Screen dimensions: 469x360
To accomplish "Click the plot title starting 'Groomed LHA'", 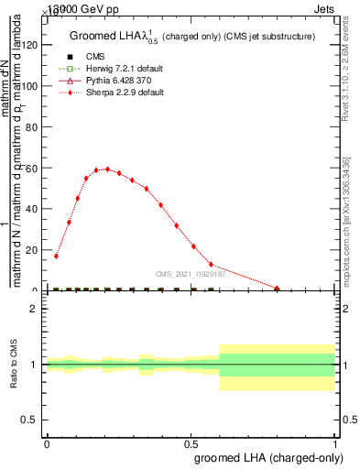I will (x=192, y=37).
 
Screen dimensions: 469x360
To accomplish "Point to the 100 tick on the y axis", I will (x=36, y=86).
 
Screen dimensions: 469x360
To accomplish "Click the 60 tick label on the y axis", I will (x=36, y=168).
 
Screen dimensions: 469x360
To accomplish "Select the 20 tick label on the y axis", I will (x=36, y=250).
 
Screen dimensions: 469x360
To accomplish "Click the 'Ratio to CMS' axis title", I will (x=14, y=364).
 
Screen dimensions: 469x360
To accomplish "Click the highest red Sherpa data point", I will (x=107, y=169).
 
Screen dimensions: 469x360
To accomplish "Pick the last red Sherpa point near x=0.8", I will (x=277, y=289).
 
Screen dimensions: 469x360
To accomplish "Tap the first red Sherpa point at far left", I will (x=56, y=256).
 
